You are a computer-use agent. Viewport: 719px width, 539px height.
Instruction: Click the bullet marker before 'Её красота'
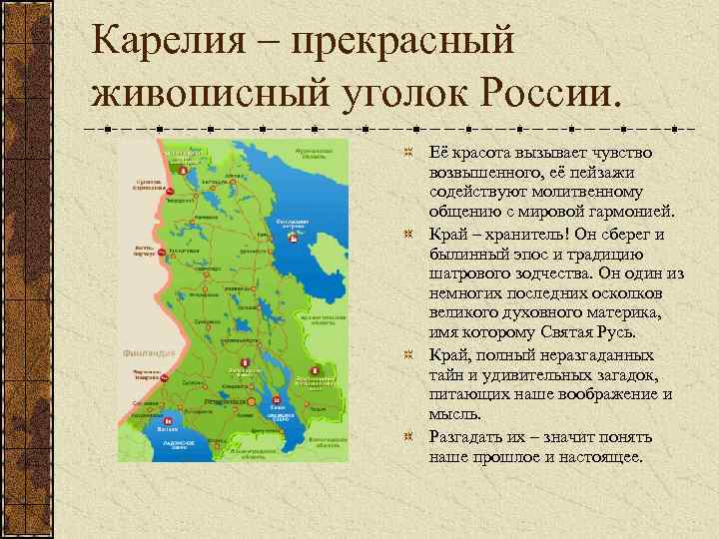[x=407, y=153]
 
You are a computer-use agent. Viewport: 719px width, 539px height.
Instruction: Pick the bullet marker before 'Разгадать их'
[x=407, y=437]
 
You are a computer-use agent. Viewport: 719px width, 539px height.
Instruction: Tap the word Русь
[x=630, y=334]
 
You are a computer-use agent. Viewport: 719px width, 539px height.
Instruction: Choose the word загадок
[x=630, y=375]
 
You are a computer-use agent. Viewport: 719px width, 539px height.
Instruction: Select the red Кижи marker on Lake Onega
[x=274, y=400]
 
